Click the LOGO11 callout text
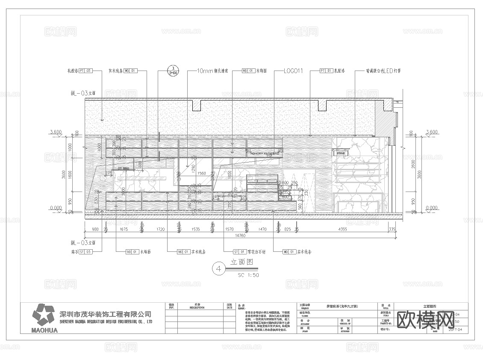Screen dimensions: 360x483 click(293, 71)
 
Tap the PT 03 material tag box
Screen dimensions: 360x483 click(86, 71)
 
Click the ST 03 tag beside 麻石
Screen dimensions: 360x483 click(86, 252)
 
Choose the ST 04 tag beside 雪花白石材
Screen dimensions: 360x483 click(239, 252)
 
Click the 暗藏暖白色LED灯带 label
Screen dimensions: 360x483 click(383, 71)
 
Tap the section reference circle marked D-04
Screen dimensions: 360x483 click(173, 71)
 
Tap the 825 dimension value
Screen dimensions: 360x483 click(288, 230)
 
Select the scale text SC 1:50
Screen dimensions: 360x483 click(248, 275)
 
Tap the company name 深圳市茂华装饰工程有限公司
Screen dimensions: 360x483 click(105, 314)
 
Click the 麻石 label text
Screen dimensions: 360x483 click(74, 252)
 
